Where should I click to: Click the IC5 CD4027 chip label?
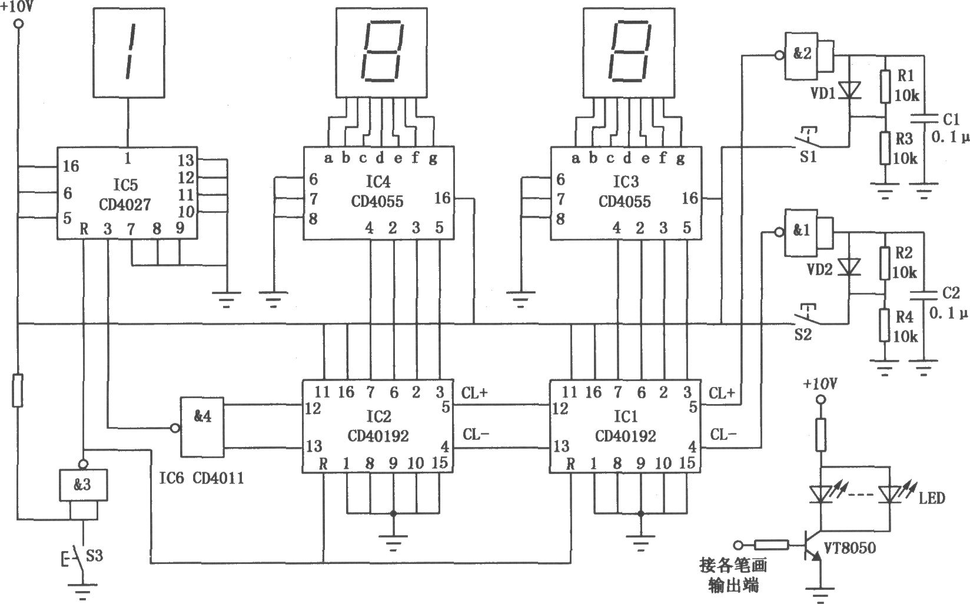125,195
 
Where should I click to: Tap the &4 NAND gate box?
202,427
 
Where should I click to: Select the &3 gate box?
83,485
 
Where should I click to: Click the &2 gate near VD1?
802,56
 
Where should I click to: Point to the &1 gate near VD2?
802,233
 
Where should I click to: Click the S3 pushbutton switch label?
94,555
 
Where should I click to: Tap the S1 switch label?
808,156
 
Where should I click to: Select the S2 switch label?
803,334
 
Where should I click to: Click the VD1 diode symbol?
849,89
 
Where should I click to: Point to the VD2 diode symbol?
849,267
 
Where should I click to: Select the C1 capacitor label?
951,119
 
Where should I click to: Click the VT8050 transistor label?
849,548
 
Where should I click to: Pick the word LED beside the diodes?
932,498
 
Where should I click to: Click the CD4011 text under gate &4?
218,478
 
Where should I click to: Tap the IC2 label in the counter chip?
378,416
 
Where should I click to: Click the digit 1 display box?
129,52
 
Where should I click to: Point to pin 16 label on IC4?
443,198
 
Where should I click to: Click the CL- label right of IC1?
723,435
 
